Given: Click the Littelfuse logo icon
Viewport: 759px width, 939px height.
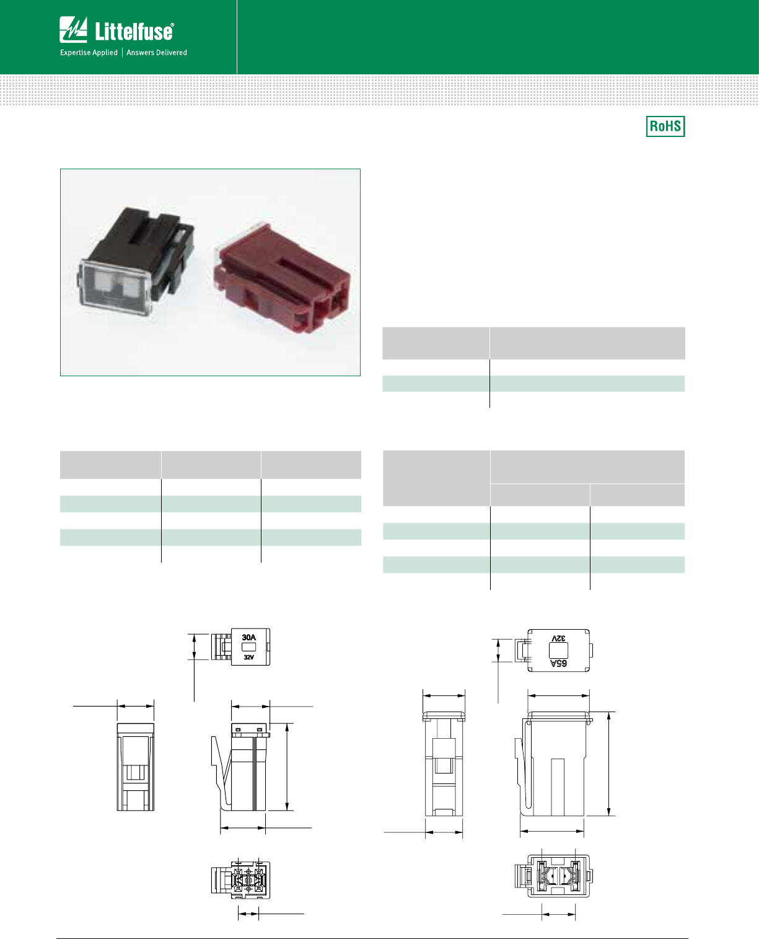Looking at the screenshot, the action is click(x=73, y=30).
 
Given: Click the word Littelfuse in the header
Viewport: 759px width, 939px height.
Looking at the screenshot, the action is click(x=134, y=31).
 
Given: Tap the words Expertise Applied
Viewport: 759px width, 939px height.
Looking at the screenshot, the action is click(x=89, y=53).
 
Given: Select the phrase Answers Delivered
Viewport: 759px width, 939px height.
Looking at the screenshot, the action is click(x=157, y=53).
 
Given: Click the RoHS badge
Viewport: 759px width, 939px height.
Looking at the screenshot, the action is click(x=665, y=126).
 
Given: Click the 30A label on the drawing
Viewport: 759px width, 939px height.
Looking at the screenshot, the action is click(x=248, y=637).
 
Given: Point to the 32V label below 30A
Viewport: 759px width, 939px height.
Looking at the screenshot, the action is click(x=248, y=657).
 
